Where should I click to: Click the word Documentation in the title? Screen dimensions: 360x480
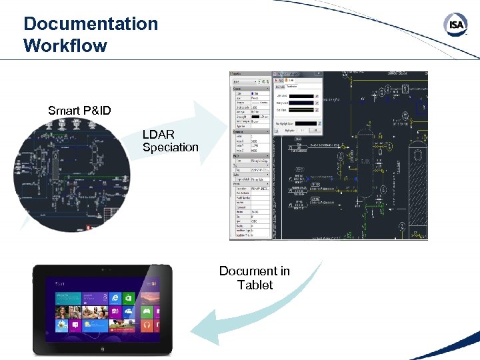click(91, 24)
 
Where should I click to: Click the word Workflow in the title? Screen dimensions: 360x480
click(65, 45)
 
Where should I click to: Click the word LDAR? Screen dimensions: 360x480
click(159, 135)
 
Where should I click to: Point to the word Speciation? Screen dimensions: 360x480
click(171, 147)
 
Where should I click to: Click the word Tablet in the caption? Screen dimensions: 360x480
click(255, 285)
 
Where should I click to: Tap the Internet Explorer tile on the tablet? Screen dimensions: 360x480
click(115, 298)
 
